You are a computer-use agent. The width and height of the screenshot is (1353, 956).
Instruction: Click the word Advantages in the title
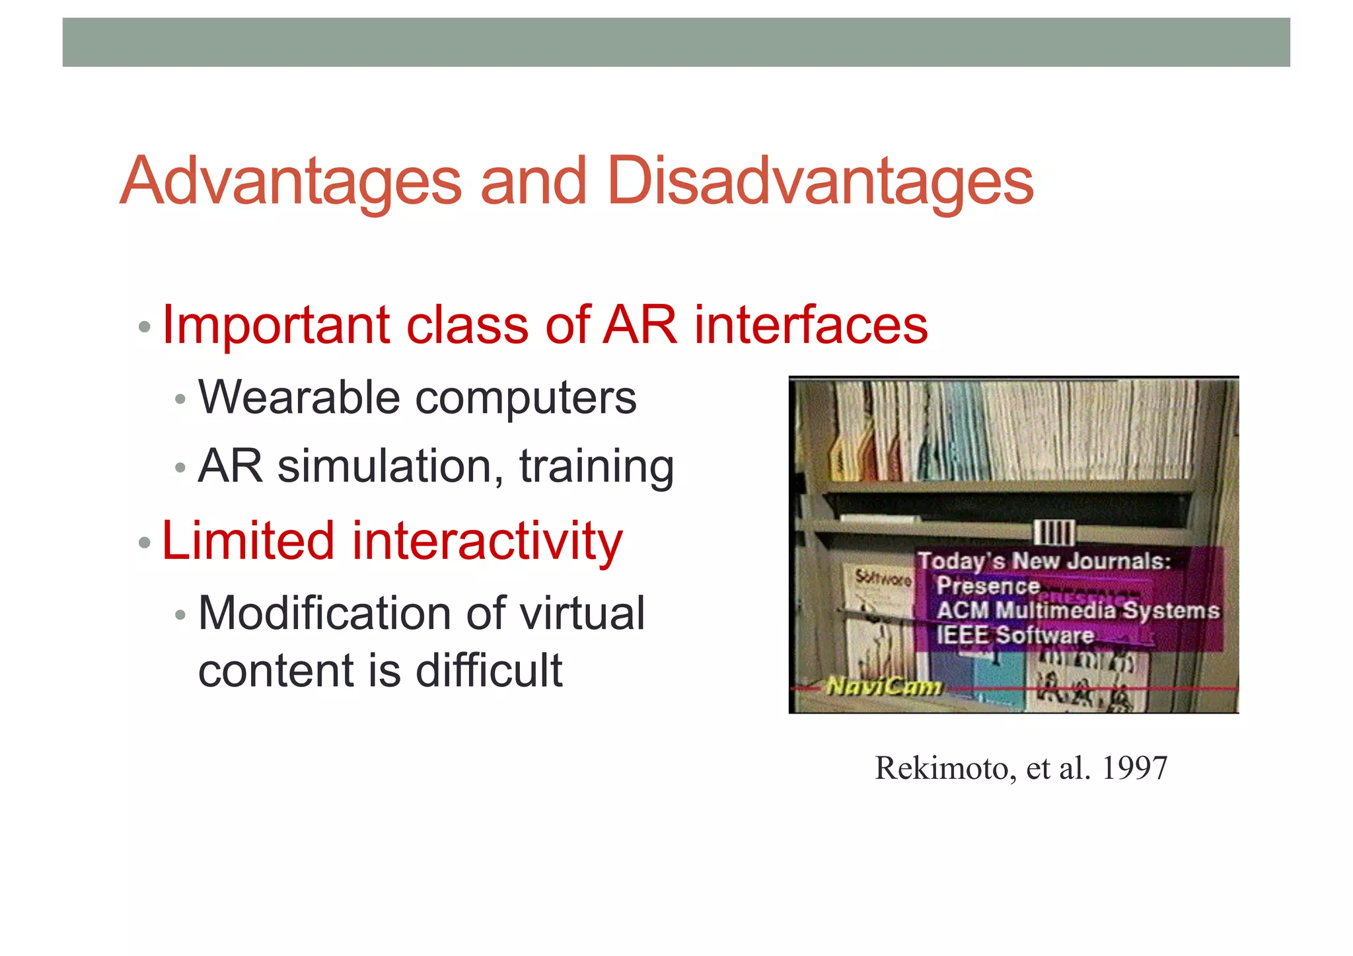coord(291,181)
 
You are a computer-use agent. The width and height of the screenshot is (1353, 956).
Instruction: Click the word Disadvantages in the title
coord(819,181)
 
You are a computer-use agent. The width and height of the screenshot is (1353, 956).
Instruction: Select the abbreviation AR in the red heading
coord(640,325)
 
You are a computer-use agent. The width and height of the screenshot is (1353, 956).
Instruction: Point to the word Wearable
coord(299,398)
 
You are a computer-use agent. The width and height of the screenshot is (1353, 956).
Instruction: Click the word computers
coord(525,399)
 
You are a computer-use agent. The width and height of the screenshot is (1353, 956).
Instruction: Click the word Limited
coord(248,540)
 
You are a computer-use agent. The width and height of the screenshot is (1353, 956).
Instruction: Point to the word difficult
coord(488,671)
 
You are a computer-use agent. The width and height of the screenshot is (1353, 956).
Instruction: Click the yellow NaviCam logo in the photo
coord(884,687)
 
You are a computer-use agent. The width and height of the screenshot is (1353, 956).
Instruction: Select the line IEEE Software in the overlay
coord(1015,635)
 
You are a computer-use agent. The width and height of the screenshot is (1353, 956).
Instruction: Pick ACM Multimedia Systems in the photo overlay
coord(1078,610)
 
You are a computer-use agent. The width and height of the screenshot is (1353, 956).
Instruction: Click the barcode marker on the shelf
coord(1054,533)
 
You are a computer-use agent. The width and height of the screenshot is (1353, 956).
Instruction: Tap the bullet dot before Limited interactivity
coord(145,543)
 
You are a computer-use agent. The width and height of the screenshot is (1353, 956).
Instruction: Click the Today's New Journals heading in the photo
coord(1044,561)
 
